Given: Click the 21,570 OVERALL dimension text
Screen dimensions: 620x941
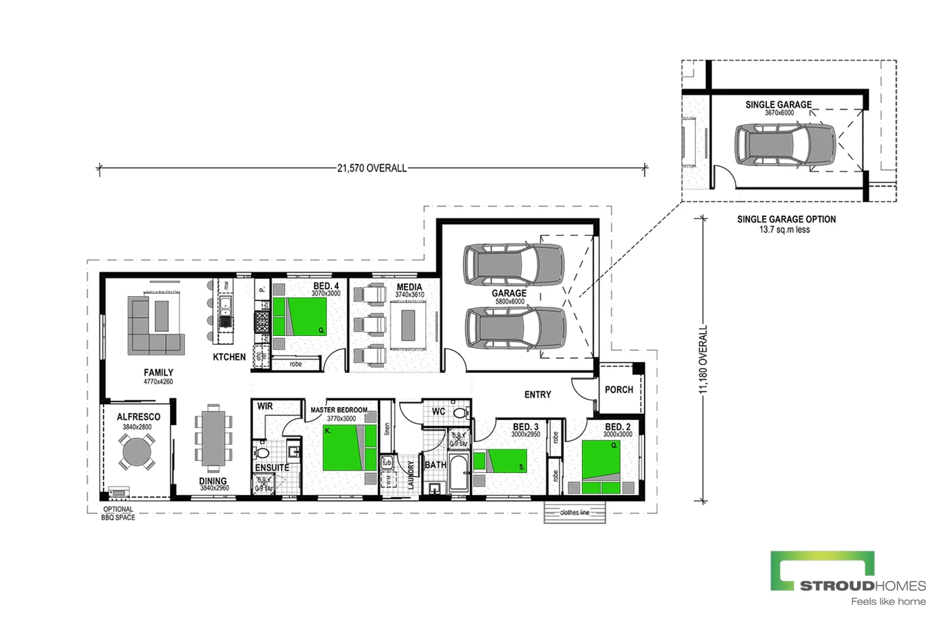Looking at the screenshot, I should (372, 168).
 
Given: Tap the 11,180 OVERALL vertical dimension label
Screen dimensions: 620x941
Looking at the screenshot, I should (703, 360).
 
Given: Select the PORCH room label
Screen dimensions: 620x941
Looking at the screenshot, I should (619, 390).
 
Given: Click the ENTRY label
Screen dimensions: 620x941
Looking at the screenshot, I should (537, 394).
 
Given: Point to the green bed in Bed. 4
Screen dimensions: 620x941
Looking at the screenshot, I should (299, 316).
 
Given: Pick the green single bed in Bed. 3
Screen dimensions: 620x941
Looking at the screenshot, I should (500, 461).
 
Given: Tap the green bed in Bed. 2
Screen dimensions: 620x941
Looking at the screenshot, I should (601, 466).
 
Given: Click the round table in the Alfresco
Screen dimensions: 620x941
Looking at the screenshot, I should (137, 452).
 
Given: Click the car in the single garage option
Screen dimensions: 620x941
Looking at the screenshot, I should (785, 146).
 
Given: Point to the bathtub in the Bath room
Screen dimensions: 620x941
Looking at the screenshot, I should (459, 473).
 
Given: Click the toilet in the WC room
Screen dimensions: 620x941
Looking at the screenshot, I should (460, 412).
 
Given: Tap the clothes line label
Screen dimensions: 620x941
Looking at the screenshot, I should (574, 513).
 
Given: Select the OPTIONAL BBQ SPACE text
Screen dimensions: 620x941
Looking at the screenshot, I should (118, 513).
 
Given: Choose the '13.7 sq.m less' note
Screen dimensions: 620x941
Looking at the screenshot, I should (784, 230).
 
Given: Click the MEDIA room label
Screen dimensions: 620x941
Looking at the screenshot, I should (409, 286).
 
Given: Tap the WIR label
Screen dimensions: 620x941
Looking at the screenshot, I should (265, 406).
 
